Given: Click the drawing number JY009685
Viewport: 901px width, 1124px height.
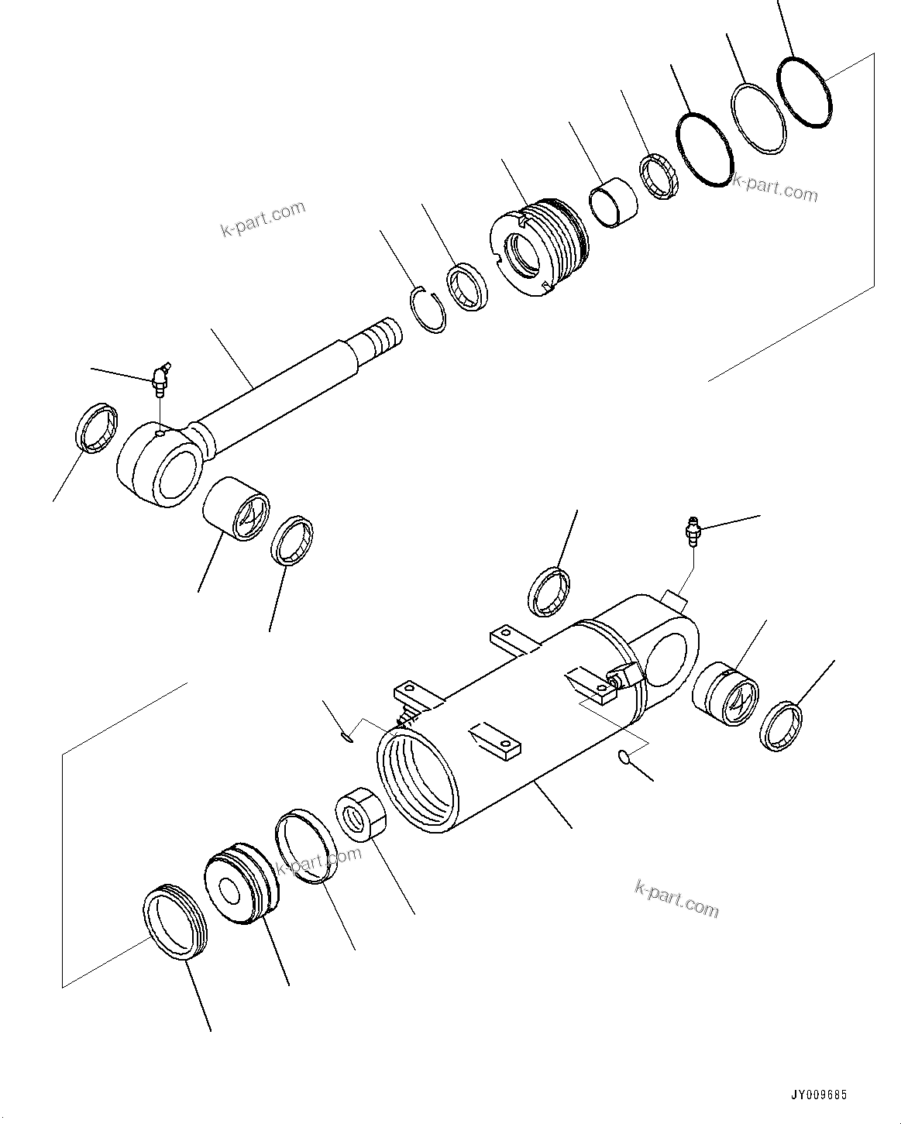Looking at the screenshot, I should [818, 1095].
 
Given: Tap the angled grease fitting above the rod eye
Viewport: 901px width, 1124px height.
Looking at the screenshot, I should [160, 377].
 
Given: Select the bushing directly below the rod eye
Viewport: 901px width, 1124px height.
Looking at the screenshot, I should [236, 508].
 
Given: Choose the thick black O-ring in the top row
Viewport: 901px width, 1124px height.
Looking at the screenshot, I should [704, 150].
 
